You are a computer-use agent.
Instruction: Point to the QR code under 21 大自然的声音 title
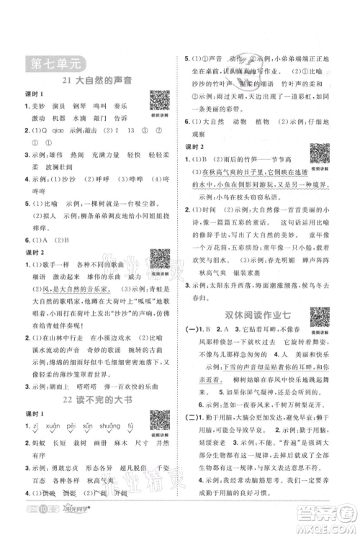[159, 101]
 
